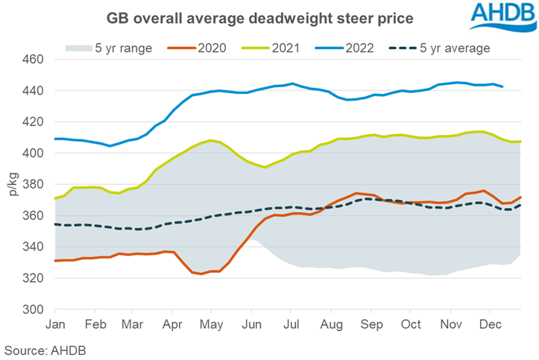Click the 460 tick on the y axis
(x=35, y=60)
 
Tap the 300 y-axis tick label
(x=35, y=309)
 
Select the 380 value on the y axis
(x=35, y=184)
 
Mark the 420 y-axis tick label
(x=35, y=121)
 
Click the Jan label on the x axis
(x=55, y=325)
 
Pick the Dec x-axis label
(x=489, y=325)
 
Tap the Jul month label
(x=291, y=325)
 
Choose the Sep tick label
(x=371, y=325)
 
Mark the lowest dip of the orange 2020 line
(x=201, y=274)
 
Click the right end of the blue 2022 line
(x=502, y=86)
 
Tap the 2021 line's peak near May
(x=212, y=140)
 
